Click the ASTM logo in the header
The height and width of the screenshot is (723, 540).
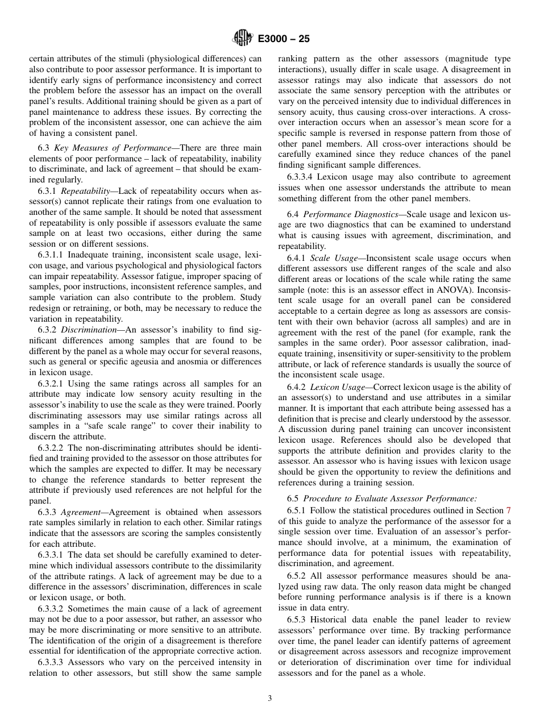point(243,39)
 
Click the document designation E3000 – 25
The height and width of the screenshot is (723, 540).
point(284,39)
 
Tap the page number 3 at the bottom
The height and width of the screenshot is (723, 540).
point(270,699)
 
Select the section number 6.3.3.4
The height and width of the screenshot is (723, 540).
point(300,177)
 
